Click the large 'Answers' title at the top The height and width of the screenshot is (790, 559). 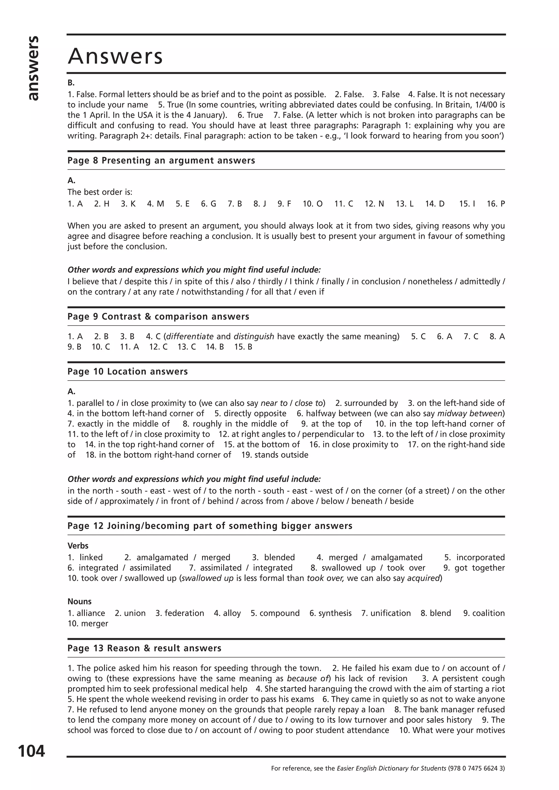115,56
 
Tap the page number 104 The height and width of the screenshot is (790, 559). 31,751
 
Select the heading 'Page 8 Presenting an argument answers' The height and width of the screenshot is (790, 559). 161,161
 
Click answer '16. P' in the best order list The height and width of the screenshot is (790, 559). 495,204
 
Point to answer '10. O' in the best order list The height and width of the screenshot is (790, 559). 313,204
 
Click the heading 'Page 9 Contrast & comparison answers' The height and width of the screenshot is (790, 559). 158,316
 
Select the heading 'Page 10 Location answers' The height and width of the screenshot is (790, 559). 127,372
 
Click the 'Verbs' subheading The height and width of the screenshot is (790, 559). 78,546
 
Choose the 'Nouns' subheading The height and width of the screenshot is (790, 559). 79,601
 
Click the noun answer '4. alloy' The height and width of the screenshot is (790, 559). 227,613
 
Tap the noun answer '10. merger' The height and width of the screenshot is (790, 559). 88,623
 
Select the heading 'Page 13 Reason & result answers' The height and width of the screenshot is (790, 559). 144,648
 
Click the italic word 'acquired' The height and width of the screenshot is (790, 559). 423,578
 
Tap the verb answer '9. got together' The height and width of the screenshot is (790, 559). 474,568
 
